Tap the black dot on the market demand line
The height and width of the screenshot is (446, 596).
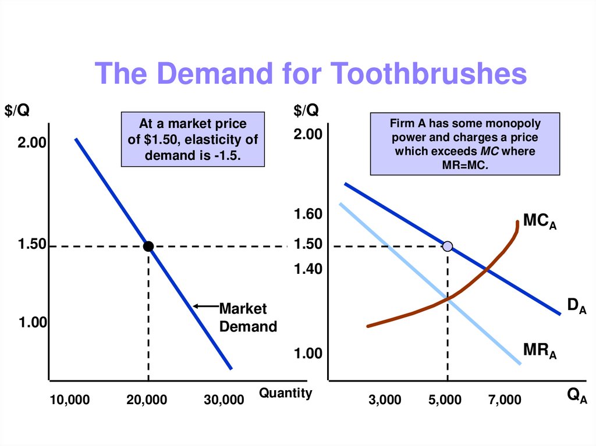[148, 247]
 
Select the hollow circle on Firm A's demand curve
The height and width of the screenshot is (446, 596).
[447, 246]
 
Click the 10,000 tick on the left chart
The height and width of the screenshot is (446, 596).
[70, 400]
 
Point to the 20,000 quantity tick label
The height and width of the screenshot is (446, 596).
[147, 400]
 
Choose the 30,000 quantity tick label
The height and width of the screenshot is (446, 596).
[224, 400]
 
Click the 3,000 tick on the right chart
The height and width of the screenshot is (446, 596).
[385, 400]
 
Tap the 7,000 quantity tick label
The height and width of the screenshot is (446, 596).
[505, 400]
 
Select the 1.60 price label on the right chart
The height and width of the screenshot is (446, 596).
[308, 215]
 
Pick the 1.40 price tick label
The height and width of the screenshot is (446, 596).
[308, 269]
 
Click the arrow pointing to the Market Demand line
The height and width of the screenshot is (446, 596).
[204, 306]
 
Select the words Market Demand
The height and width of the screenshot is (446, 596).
[248, 317]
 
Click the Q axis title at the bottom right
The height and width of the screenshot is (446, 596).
[577, 397]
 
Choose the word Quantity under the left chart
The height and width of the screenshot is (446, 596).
[285, 394]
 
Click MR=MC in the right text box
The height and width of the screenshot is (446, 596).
[464, 165]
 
